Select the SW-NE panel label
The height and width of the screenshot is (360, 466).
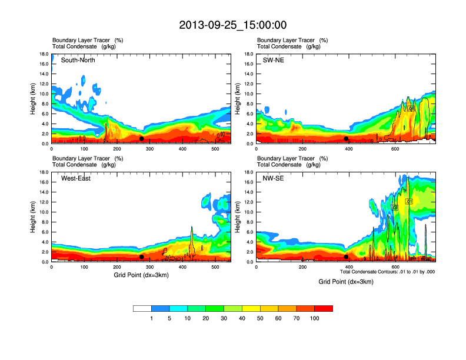click(x=273, y=60)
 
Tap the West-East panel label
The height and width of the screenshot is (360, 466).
click(x=77, y=178)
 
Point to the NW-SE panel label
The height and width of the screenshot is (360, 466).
click(x=273, y=178)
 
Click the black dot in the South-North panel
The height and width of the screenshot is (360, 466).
click(x=141, y=139)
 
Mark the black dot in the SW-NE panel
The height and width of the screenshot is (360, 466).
click(x=346, y=139)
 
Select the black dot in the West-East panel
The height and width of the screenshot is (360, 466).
click(x=141, y=257)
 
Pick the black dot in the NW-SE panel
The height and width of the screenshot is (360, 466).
click(x=346, y=257)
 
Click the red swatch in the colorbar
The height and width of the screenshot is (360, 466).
click(x=324, y=308)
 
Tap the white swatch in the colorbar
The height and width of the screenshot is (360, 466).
click(x=142, y=308)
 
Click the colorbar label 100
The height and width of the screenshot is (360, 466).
click(x=315, y=318)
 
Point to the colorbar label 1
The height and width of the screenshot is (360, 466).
click(x=152, y=318)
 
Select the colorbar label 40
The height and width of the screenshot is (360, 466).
click(x=242, y=318)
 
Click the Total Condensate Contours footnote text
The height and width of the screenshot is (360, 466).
click(x=387, y=272)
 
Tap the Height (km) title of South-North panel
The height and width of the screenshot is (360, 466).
click(x=34, y=99)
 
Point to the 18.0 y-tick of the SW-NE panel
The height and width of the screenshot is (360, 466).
click(x=249, y=54)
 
